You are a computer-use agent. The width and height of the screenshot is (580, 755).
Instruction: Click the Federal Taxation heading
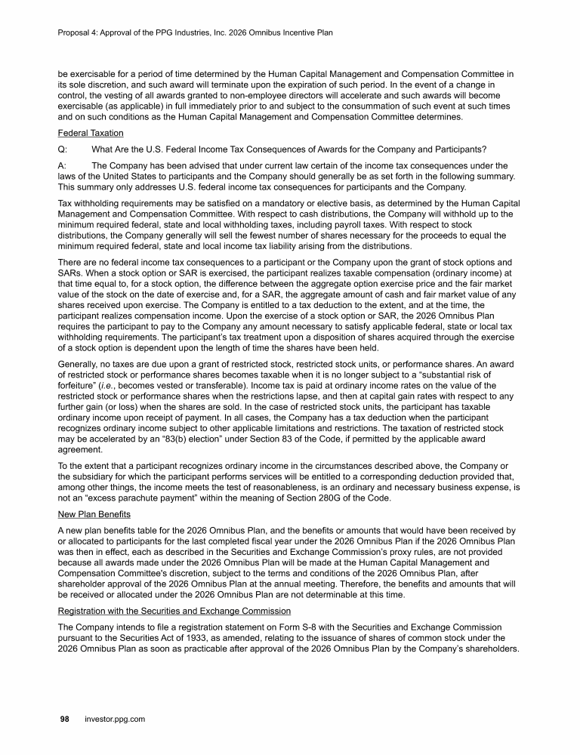(91, 133)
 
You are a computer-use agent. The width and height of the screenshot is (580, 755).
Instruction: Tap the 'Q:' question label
(63, 147)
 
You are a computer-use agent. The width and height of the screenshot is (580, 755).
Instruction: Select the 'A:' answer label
(63, 165)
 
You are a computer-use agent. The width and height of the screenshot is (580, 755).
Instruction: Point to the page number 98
(66, 720)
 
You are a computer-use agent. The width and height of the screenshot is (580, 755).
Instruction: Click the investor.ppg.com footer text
(114, 720)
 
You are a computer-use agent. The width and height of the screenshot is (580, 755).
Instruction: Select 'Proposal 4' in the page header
(79, 33)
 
